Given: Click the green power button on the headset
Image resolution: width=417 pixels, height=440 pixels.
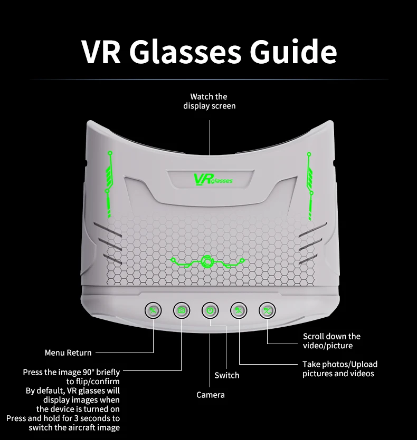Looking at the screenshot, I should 210,310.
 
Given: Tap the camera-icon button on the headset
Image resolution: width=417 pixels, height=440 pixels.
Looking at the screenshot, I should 182,310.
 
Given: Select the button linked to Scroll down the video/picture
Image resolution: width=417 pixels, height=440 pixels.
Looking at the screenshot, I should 267,310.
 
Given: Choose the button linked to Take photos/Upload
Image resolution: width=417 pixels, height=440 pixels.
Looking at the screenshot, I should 239,310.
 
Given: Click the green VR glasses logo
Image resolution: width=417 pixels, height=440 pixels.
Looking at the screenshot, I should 213,180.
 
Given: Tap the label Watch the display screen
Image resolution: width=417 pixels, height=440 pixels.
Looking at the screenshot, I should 210,101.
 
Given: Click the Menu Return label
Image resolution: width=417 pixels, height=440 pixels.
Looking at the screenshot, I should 68,353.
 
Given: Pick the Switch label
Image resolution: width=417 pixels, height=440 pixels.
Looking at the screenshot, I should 226,375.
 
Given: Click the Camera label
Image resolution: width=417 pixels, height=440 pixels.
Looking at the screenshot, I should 211,395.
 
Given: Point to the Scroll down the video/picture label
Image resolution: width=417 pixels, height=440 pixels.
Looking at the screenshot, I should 331,341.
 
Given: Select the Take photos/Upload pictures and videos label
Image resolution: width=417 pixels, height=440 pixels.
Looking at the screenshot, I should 340,369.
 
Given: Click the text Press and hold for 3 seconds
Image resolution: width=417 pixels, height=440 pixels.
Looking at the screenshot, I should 63,418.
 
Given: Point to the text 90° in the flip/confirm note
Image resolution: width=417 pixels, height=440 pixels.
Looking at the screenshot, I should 88,372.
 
